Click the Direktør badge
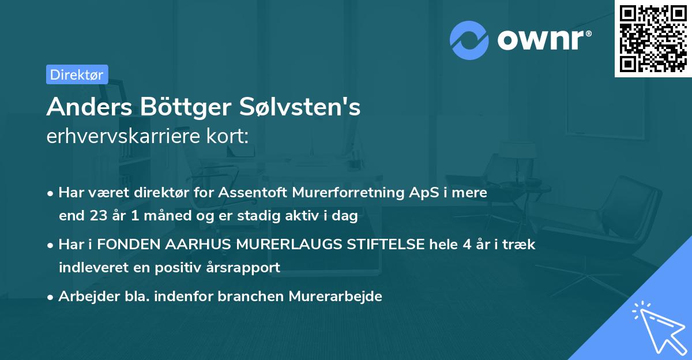tap(77, 74)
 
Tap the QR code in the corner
tap(653, 38)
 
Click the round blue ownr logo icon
tap(469, 40)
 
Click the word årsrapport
tap(247, 268)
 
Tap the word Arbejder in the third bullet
tap(82, 297)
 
